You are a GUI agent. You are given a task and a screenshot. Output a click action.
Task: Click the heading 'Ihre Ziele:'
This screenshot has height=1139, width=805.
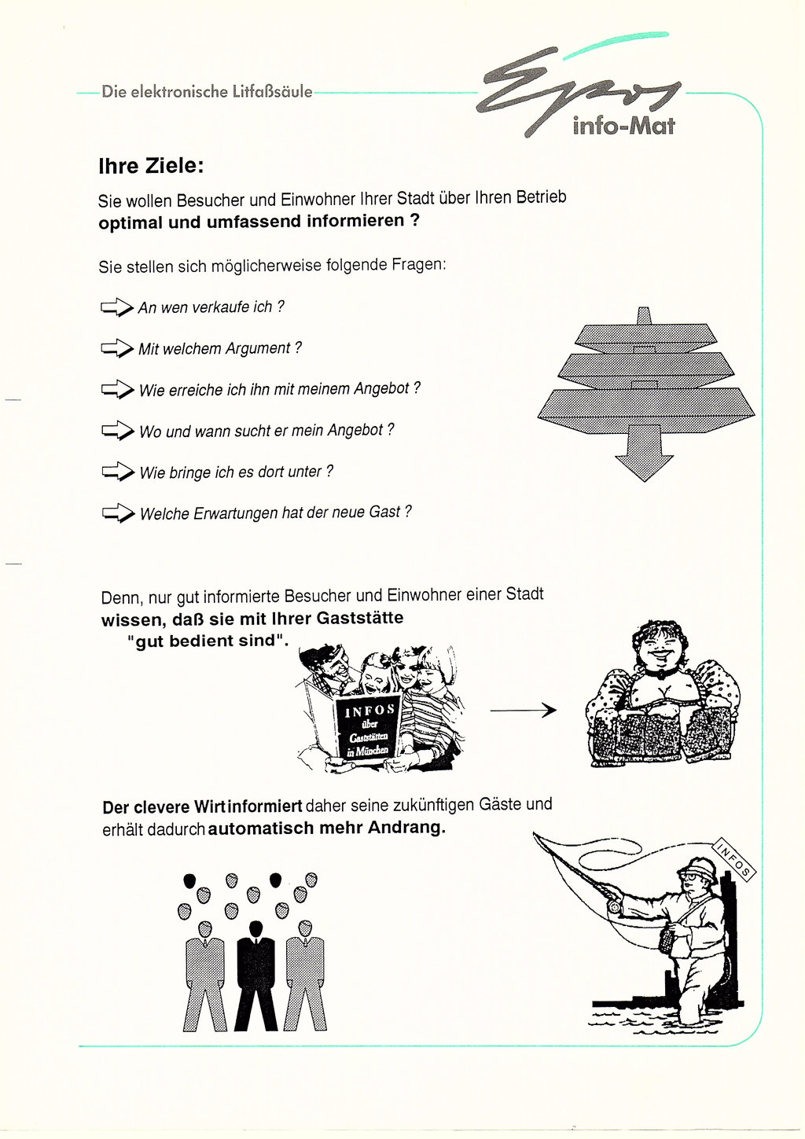click(151, 167)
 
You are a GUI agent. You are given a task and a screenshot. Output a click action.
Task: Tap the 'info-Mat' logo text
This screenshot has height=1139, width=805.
click(623, 126)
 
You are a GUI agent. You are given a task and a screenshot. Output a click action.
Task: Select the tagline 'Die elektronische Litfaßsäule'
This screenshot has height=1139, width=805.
click(207, 92)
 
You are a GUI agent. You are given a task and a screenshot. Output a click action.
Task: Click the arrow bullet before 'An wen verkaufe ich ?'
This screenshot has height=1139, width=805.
click(116, 307)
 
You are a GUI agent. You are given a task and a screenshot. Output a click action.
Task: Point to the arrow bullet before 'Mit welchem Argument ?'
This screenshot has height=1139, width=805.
click(116, 348)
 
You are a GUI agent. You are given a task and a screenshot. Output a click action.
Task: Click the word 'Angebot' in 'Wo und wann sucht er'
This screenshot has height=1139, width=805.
click(355, 430)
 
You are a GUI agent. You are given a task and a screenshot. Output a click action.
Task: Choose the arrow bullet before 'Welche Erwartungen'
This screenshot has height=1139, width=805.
click(118, 514)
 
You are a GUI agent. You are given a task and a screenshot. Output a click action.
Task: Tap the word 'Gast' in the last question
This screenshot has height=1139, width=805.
click(384, 512)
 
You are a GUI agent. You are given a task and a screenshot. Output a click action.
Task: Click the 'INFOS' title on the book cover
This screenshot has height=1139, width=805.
click(369, 711)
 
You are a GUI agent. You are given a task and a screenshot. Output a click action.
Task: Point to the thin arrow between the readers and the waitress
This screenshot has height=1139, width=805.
click(523, 711)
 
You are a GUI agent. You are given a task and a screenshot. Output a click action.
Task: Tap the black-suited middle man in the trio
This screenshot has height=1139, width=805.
click(256, 975)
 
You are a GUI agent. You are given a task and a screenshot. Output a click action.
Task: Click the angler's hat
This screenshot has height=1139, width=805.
click(698, 869)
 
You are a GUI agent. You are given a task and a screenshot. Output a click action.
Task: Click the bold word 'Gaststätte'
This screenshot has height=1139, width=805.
click(360, 618)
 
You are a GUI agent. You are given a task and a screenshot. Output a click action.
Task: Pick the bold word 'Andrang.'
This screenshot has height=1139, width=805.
click(406, 828)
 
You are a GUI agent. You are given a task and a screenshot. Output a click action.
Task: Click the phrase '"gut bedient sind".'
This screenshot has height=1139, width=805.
click(208, 641)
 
